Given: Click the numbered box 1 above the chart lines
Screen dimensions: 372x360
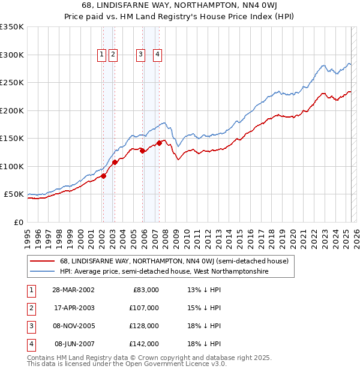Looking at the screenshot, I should pos(102,55).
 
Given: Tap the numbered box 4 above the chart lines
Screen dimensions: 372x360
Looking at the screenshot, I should pos(157,55).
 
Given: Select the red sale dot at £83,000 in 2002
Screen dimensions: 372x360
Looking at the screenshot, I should pos(103,176).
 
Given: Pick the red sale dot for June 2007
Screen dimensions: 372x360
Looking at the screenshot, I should pos(159,143).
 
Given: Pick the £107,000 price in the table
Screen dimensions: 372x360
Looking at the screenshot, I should pos(145,308).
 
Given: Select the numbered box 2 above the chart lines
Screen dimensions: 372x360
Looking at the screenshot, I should pos(113,55).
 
